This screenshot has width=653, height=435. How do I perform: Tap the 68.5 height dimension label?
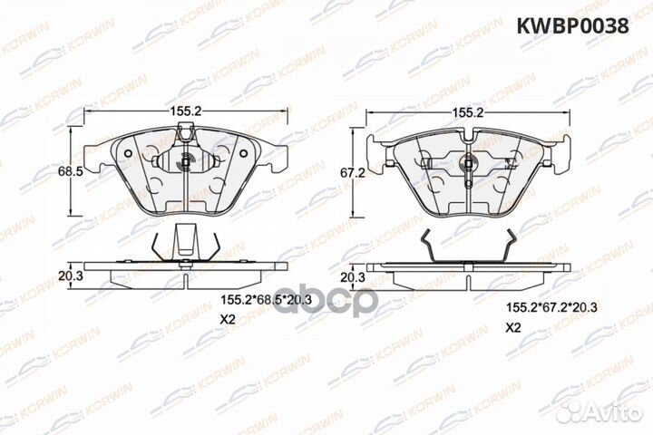(x=61, y=171)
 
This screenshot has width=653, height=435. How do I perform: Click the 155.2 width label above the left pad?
(x=185, y=111)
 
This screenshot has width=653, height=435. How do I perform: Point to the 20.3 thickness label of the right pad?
(x=352, y=275)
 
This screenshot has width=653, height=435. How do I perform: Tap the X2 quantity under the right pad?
(x=513, y=326)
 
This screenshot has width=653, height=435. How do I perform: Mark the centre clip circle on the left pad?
(x=185, y=164)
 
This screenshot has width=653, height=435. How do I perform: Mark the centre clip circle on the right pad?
(x=468, y=164)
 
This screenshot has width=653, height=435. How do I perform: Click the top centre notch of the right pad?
(x=468, y=136)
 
